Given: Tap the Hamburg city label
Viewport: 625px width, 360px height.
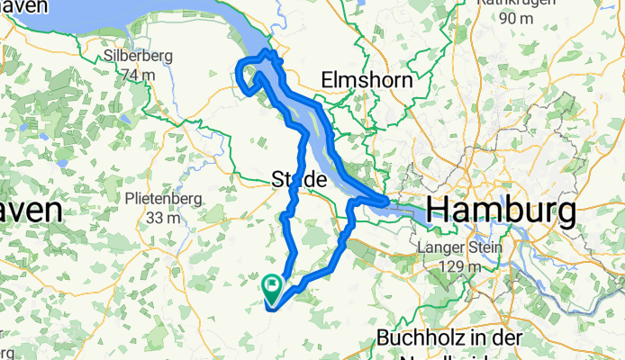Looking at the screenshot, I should click(x=501, y=211).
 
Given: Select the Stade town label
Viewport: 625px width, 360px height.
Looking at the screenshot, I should click(x=298, y=181).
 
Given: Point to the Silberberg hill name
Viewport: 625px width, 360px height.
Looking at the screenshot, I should click(x=133, y=55).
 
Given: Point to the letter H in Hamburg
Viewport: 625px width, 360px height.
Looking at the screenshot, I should click(x=439, y=211).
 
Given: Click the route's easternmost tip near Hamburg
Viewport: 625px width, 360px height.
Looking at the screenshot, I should click(x=388, y=202).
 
